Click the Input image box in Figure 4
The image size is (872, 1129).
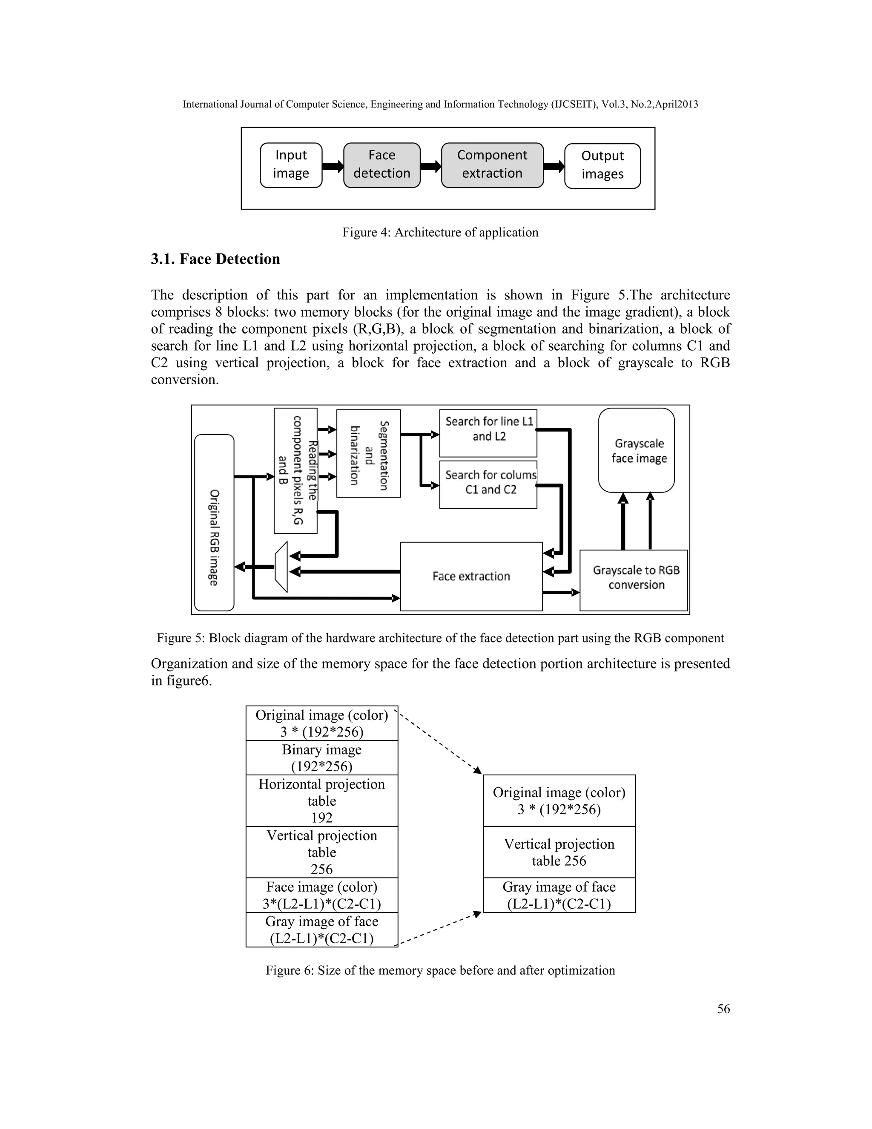coord(291,165)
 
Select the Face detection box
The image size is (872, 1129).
coord(382,165)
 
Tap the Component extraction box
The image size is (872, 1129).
coord(492,165)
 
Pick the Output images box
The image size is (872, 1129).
coord(602,165)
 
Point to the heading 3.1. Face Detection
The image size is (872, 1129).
coord(215,259)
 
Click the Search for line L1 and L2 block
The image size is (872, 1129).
coord(488,433)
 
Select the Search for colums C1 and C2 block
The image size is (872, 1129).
coord(488,484)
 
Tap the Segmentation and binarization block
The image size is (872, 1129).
coord(368,453)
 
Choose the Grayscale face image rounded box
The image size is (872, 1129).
coord(637,450)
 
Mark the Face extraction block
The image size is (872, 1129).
coord(471,576)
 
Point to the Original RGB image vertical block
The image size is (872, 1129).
coord(215,522)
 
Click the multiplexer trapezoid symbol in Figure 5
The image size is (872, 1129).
coord(281,567)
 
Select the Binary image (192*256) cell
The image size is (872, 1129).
coord(322,757)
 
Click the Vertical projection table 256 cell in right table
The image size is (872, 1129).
coord(559,852)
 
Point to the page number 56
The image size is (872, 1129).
coord(723,1008)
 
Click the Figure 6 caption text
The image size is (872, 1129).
coord(440,970)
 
